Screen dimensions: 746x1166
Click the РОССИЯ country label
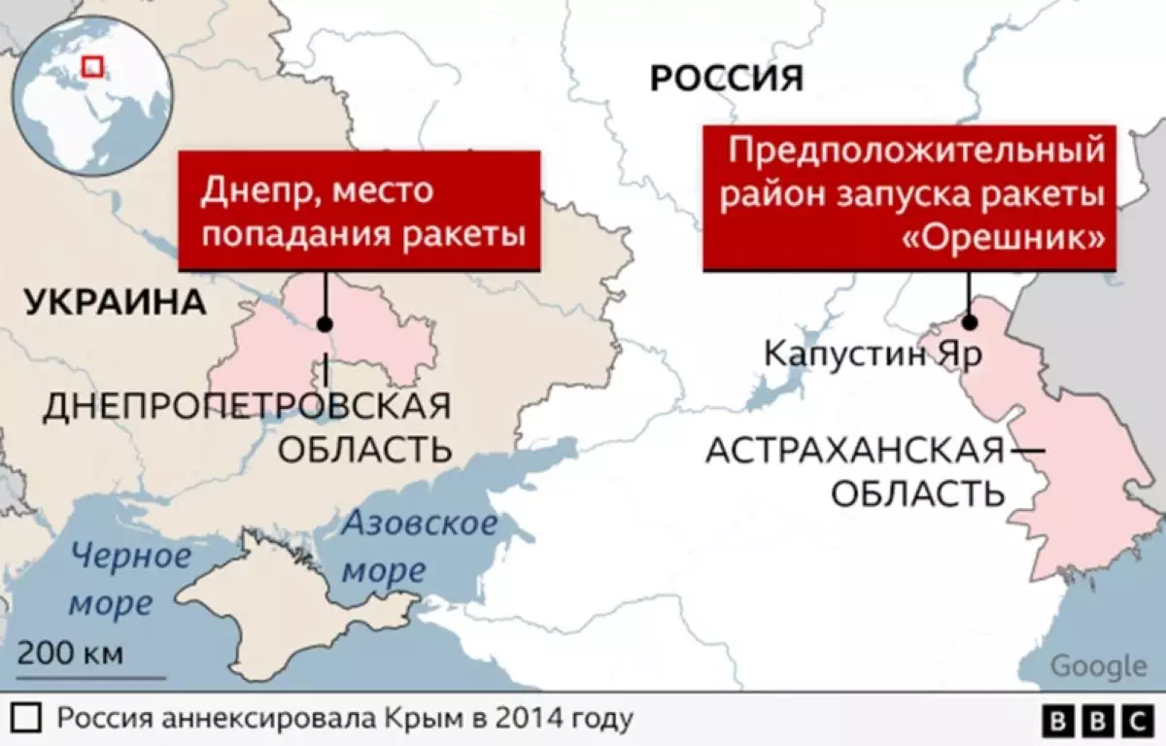click(727, 78)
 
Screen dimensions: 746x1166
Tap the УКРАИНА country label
click(116, 302)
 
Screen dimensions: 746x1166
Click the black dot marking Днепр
click(325, 325)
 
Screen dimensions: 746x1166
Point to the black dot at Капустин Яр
click(969, 324)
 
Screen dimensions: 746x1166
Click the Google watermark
click(1099, 666)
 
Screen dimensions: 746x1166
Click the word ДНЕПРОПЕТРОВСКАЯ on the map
click(247, 406)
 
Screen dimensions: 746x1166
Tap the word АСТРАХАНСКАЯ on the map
click(853, 451)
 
